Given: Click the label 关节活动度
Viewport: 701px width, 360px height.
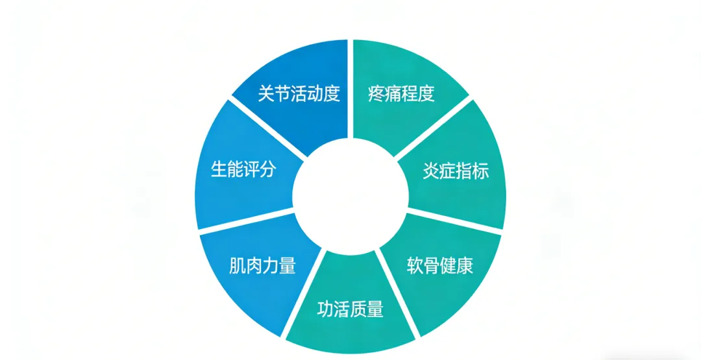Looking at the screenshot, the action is coord(299,94).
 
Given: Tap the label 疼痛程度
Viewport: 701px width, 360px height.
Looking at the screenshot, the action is coord(402,94).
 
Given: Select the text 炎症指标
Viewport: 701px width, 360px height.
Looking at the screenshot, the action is coord(456,171).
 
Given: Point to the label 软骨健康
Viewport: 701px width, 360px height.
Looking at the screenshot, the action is coord(440,266).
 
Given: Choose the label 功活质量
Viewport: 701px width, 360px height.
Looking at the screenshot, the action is coord(350,309).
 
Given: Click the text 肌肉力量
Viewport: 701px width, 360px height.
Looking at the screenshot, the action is coord(262,266).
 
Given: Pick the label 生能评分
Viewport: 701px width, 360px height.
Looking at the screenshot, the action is coord(243,170).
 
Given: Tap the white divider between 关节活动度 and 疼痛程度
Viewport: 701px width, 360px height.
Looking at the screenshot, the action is coord(350,90).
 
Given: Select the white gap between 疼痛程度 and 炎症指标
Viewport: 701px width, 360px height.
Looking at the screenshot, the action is coord(433,126).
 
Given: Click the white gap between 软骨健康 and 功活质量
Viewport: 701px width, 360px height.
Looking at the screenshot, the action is coord(398,293).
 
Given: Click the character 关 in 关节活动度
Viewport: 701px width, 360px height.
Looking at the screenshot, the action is coord(266,94).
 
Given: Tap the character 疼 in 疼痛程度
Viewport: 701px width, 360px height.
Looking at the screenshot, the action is coord(376,94).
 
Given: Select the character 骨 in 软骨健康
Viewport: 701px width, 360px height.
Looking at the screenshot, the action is coord(432,266).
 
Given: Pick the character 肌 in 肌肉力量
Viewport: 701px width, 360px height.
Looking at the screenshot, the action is coord(238,266).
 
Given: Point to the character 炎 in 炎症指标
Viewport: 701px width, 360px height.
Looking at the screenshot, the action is coord(431,171).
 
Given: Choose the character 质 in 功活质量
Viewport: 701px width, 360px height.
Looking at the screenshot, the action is coord(359,309).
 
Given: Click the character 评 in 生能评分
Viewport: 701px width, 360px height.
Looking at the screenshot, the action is coord(252,170).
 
